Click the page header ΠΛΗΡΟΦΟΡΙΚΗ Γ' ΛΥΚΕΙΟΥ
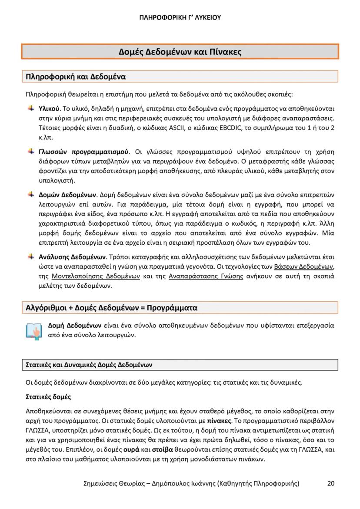coord(180,18)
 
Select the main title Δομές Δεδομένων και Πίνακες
coord(180,52)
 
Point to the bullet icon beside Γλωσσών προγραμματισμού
coord(31,151)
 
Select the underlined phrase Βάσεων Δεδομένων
coord(305,266)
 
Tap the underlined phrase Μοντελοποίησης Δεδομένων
coord(95,276)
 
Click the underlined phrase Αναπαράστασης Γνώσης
coord(205,276)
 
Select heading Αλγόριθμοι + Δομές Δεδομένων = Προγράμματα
coord(112,308)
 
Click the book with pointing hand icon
coord(33,330)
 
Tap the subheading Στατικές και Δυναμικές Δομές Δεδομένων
coord(87,365)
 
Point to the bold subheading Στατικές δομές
coord(48,397)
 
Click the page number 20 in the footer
coord(331,483)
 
